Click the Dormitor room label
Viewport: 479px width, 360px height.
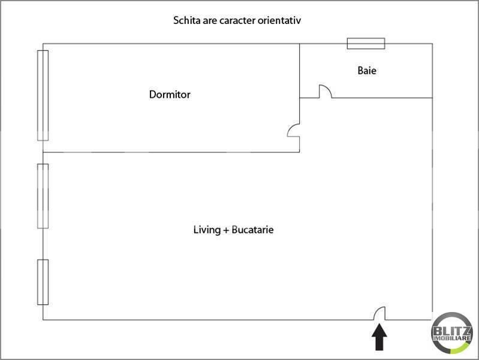170,94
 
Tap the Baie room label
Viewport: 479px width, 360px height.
367,70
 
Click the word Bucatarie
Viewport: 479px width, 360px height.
252,230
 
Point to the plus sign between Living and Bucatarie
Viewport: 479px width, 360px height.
226,230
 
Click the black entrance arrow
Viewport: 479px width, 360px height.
379,337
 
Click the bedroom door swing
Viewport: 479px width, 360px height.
291,128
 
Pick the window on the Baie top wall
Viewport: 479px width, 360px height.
366,43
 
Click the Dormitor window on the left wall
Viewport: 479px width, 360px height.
43,95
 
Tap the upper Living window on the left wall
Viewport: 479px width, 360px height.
43,196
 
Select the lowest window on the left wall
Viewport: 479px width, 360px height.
43,282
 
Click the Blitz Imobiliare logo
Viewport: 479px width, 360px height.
452,333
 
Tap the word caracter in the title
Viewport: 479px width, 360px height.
237,21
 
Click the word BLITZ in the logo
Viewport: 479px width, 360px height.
452,331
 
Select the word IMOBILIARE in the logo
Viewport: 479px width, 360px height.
452,338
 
